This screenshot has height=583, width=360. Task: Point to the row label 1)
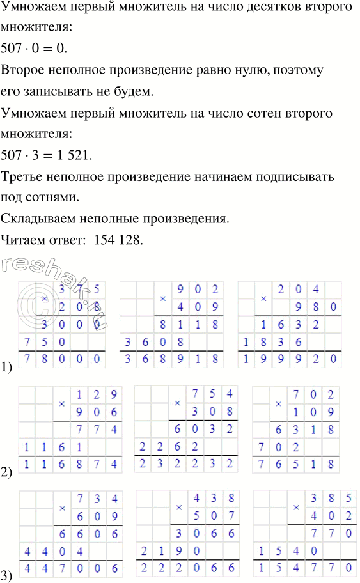[x=8, y=367]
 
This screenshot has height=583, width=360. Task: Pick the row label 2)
[x=8, y=473]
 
